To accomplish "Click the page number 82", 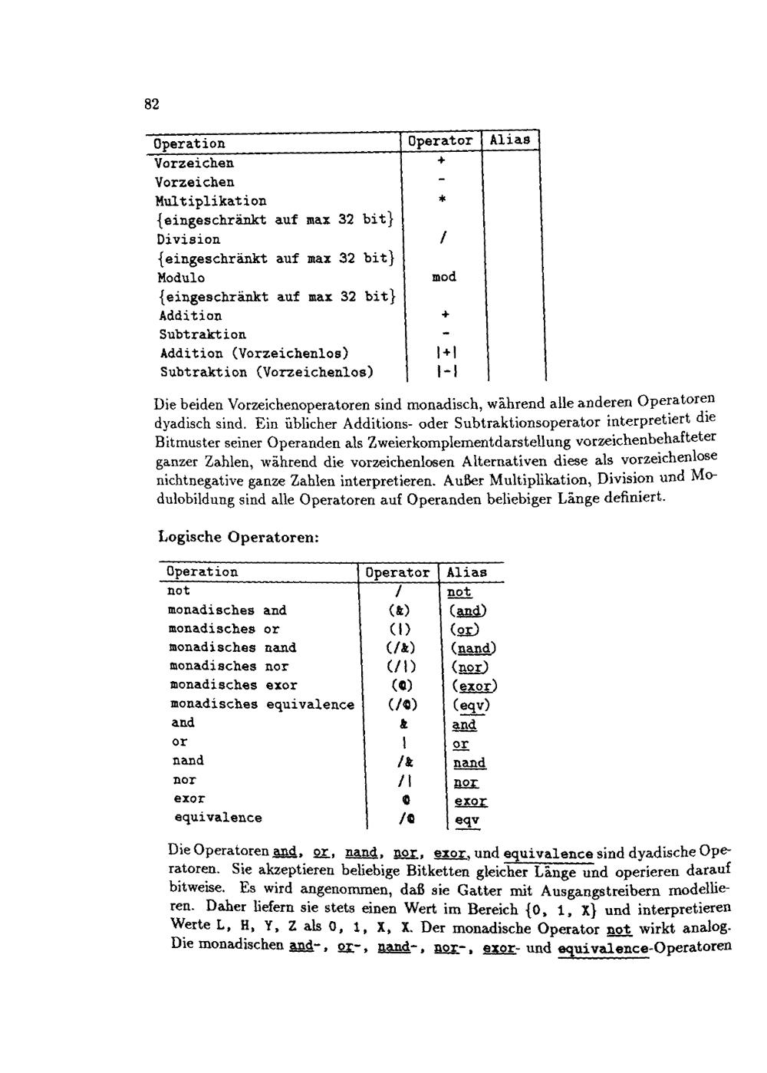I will pyautogui.click(x=151, y=104).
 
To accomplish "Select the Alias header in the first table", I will pyautogui.click(x=510, y=140).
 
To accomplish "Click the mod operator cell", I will pyautogui.click(x=443, y=276).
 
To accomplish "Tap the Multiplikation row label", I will pyautogui.click(x=211, y=201).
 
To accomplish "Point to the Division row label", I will pyautogui.click(x=188, y=239).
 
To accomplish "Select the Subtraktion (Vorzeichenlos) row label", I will pyautogui.click(x=267, y=372).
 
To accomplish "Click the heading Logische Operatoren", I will pyautogui.click(x=238, y=536).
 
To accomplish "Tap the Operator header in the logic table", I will pyautogui.click(x=397, y=572).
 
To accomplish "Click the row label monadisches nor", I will pyautogui.click(x=229, y=667).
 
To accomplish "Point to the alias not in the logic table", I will pyautogui.click(x=459, y=591).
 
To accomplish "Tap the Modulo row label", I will pyautogui.click(x=181, y=278).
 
